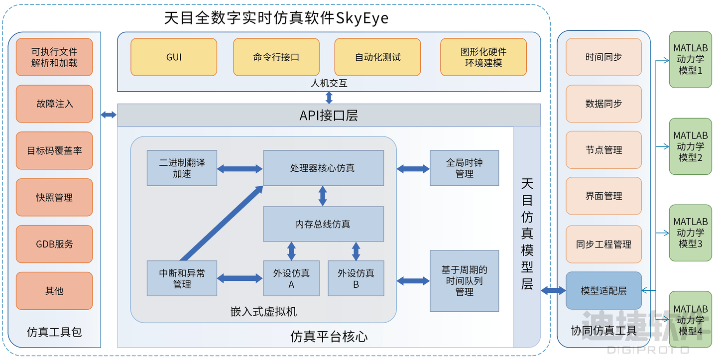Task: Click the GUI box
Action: pos(174,57)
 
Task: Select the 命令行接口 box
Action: pos(276,57)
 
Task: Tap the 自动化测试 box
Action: pos(378,57)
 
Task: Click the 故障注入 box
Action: pos(54,104)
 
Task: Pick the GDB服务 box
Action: pos(54,244)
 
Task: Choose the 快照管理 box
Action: pos(54,197)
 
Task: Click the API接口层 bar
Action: pos(329,115)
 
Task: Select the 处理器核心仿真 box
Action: pos(323,168)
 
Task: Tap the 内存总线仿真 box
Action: pos(323,224)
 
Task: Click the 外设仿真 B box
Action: pos(356,278)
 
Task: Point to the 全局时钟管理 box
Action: pos(464,168)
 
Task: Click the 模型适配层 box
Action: pos(603,291)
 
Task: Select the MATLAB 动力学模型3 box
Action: pos(691,233)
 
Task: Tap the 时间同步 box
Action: pos(603,57)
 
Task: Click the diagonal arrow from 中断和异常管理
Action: pos(222,224)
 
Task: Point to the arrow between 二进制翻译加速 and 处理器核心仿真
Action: pos(240,169)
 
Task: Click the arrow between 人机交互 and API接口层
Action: pos(329,98)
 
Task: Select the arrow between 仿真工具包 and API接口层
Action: pos(109,115)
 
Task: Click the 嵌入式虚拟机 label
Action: pos(263,311)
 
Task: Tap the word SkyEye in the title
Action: pos(362,18)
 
